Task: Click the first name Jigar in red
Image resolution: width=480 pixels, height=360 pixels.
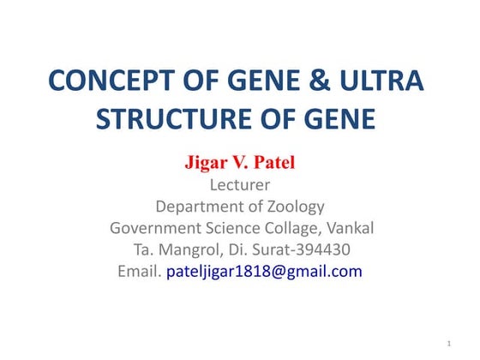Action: [x=206, y=162]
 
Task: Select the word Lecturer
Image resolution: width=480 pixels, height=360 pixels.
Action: [x=239, y=184]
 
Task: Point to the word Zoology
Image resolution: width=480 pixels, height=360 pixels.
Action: [x=292, y=207]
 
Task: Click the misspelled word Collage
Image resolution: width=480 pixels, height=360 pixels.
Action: [x=300, y=229]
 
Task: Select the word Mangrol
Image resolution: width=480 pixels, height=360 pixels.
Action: [x=185, y=250]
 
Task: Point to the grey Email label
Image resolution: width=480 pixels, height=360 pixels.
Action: [x=138, y=272]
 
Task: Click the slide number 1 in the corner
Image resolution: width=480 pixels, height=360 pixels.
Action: [x=449, y=344]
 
